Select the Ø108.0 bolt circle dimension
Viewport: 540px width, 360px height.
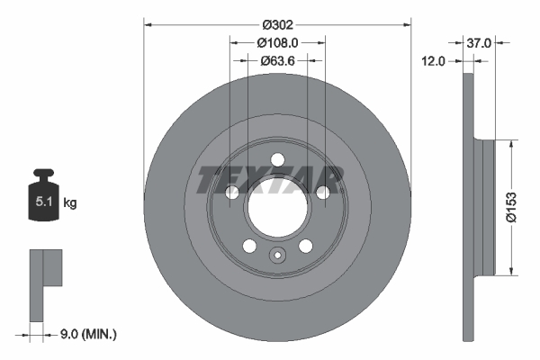click(277, 42)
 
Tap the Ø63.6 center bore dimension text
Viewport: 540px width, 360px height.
click(277, 61)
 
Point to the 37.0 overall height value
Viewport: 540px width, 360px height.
click(479, 42)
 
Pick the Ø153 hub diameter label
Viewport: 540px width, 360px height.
click(510, 205)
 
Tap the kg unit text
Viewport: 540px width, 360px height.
click(70, 203)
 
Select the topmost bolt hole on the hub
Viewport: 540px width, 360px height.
click(277, 159)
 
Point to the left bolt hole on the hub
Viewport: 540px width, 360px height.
click(232, 193)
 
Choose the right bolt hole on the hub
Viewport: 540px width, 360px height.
click(322, 193)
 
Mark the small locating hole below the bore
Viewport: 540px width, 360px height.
click(277, 256)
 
